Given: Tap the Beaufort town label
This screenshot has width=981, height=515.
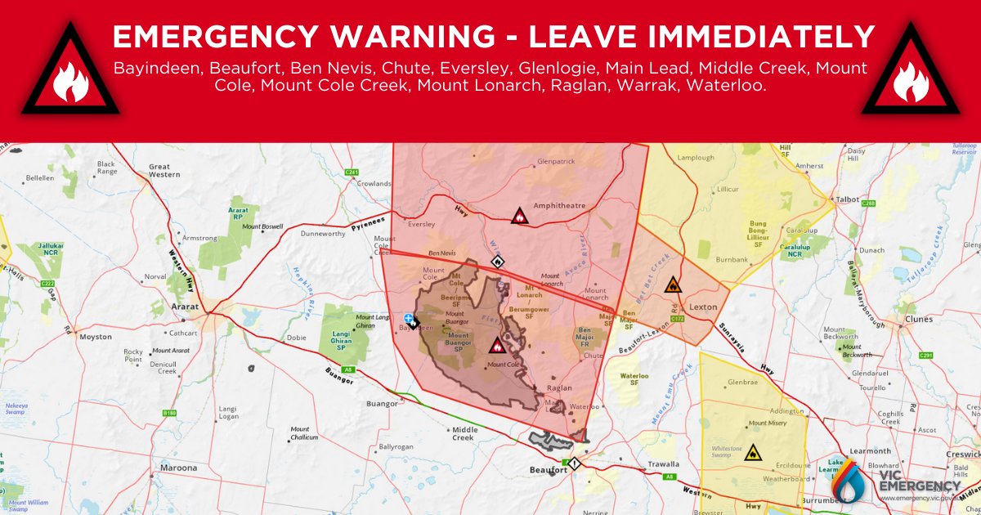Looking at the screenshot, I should coord(549,470).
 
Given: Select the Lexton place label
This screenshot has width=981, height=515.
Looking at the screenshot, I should coord(702,307).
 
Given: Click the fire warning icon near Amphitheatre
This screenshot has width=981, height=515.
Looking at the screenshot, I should coord(519,217).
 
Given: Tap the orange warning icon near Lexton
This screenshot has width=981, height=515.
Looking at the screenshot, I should coord(672,284).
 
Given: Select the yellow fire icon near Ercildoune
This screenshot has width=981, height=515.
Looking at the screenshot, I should coord(751,451).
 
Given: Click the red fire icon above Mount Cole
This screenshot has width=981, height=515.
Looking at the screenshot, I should coord(496,345).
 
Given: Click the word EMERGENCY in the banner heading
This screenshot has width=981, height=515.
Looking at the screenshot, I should coord(221,37).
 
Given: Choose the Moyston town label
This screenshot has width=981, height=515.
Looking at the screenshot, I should coord(96,337).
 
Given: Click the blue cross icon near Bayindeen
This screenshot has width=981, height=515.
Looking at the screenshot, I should coord(408,317).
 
